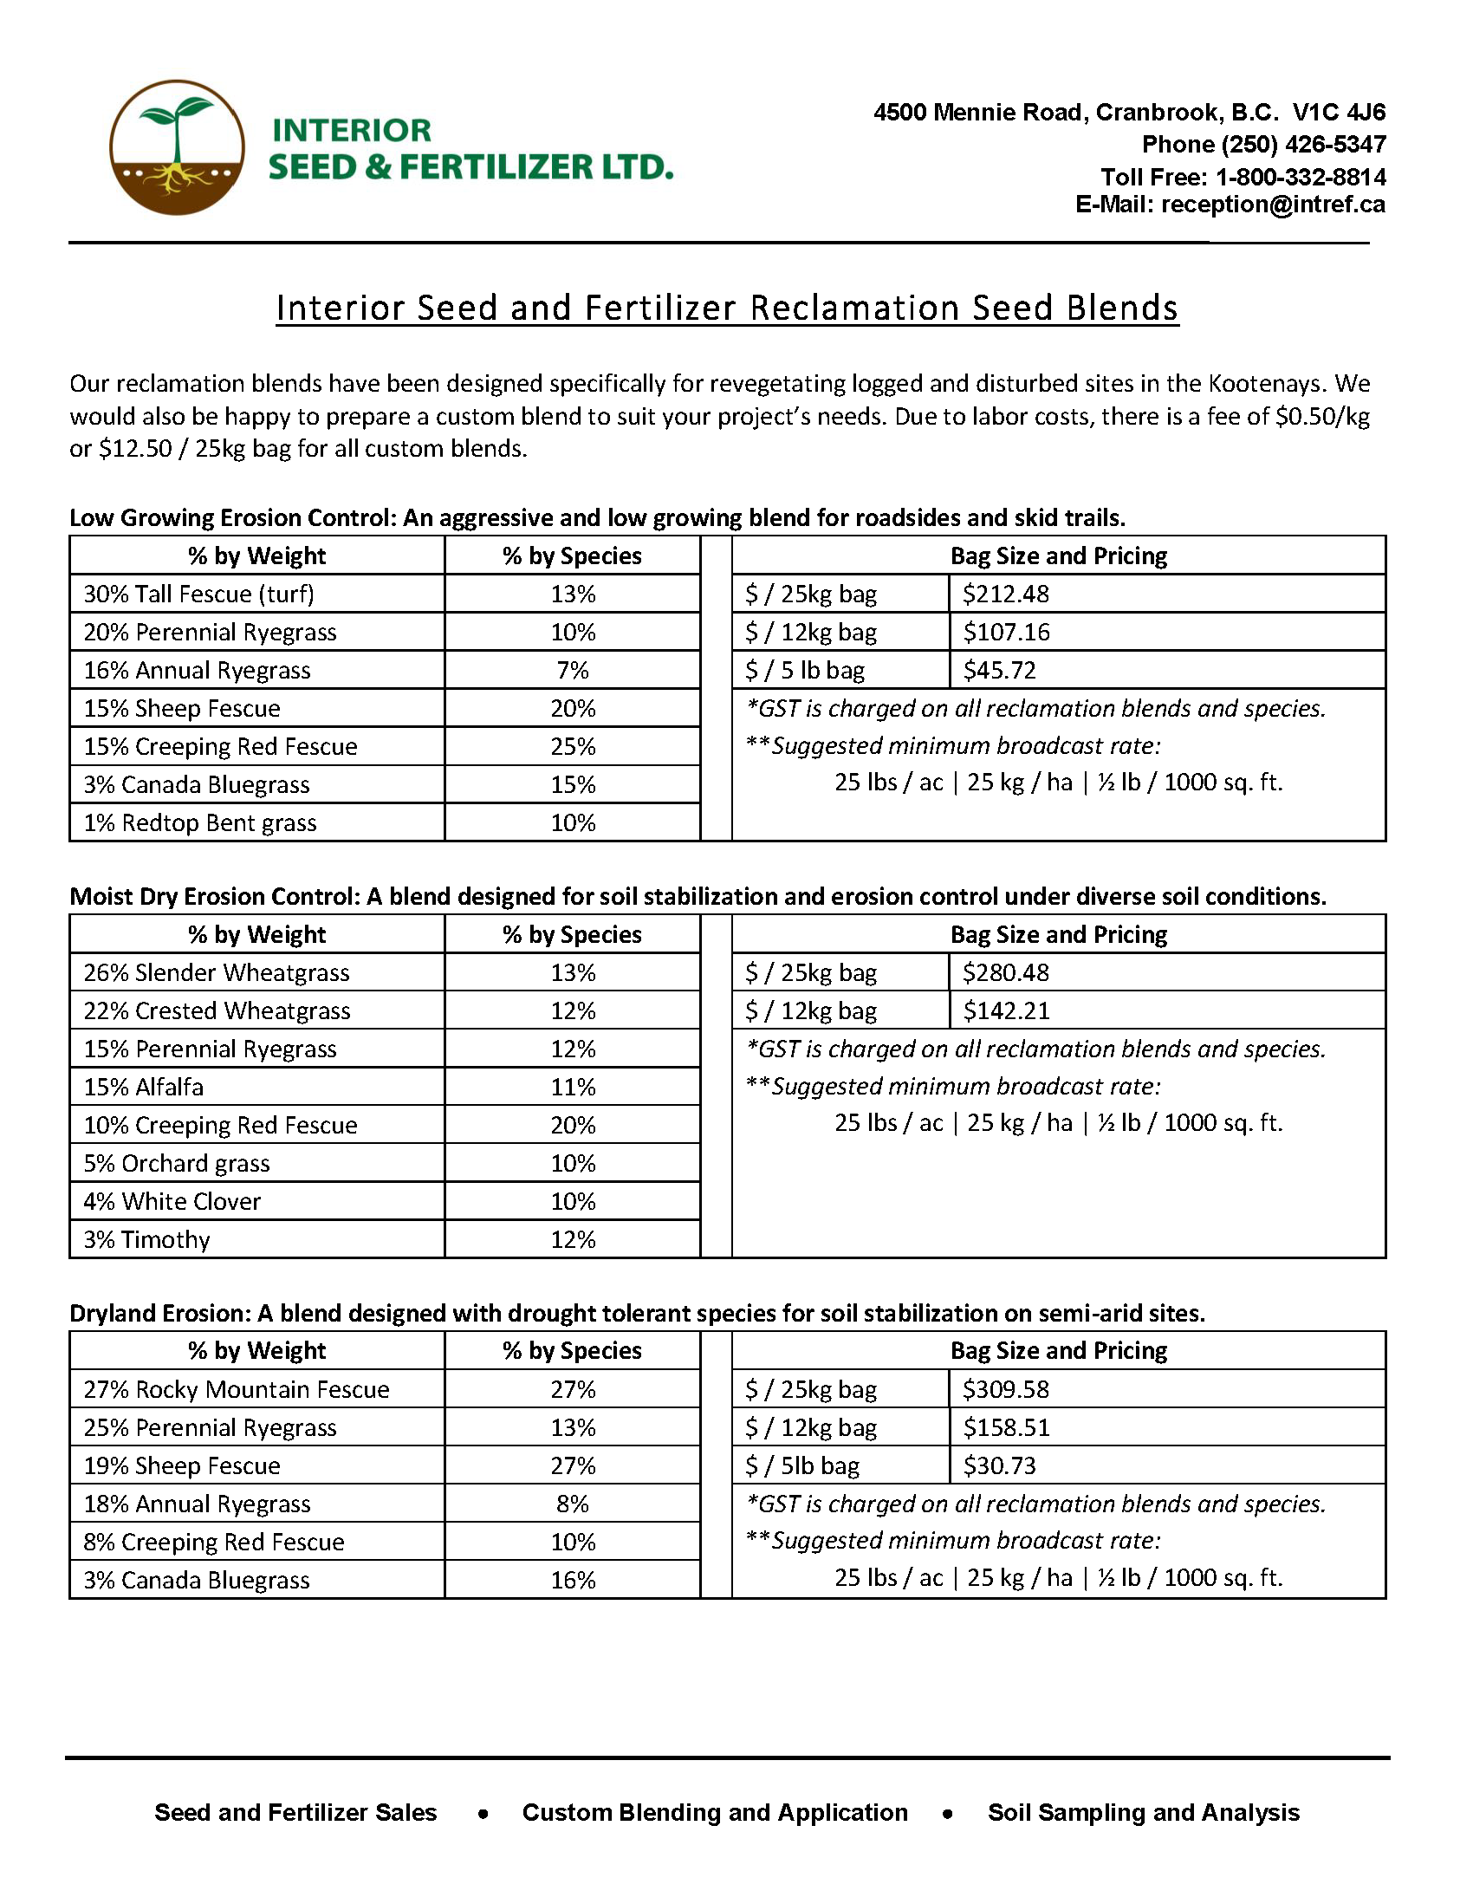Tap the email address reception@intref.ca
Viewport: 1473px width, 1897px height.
pos(1272,205)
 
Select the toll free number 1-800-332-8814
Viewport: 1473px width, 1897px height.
pos(1301,177)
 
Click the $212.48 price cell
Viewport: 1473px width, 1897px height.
pos(1005,594)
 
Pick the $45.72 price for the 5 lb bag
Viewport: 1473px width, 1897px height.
pos(999,671)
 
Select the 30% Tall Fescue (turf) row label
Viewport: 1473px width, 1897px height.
pos(199,594)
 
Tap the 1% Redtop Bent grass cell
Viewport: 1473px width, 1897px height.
pos(200,823)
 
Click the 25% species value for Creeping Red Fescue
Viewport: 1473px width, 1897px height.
pos(573,747)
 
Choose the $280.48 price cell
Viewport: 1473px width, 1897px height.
pos(1005,973)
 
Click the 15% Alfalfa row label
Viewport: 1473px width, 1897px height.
pos(143,1088)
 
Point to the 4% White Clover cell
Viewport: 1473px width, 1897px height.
pos(172,1202)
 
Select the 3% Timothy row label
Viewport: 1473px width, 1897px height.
pos(146,1240)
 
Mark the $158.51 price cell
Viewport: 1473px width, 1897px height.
pos(1006,1428)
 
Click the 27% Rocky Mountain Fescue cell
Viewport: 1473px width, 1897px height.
pos(237,1390)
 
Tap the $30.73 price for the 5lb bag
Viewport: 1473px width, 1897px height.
pos(999,1466)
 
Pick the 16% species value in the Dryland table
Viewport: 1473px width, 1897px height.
pos(573,1581)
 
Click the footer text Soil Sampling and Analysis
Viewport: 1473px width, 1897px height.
pos(1143,1813)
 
